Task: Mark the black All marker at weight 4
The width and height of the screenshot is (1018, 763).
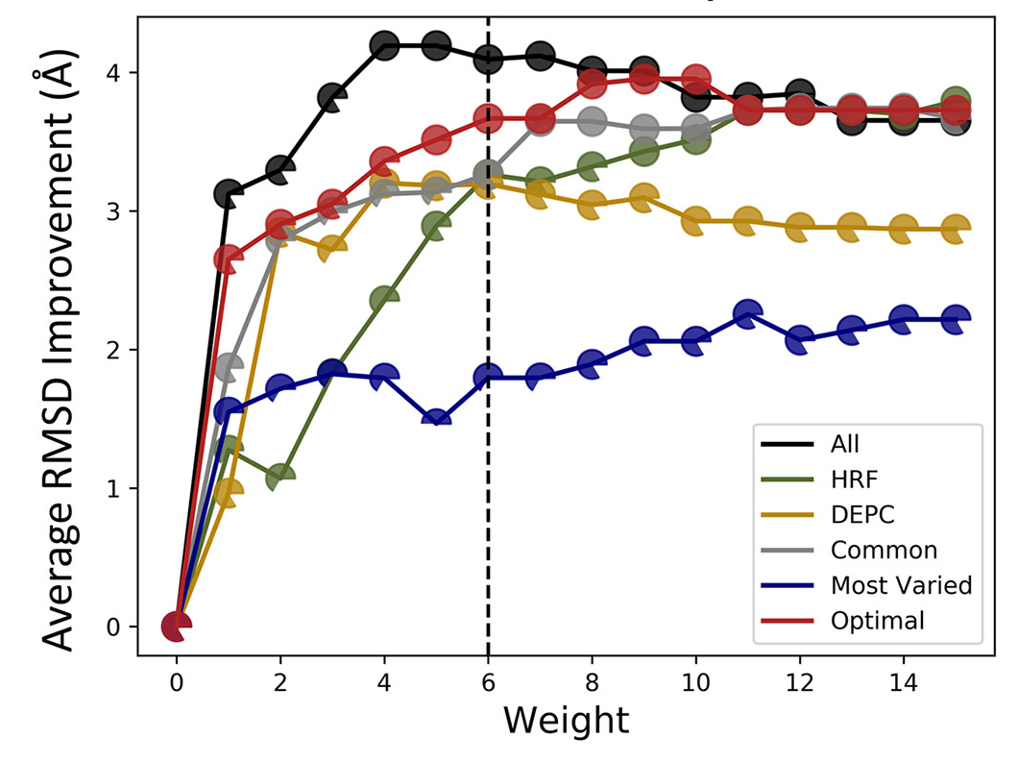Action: tap(384, 45)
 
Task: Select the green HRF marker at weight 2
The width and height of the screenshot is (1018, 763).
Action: tap(280, 477)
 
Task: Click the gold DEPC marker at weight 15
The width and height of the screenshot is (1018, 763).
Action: tap(955, 229)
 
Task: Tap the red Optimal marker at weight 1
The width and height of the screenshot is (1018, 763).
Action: tap(229, 258)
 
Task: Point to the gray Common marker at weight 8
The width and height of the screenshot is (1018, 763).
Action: tap(592, 121)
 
